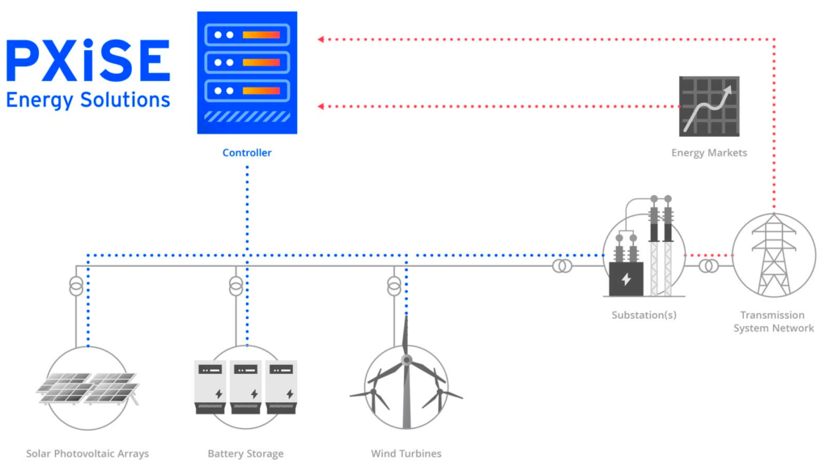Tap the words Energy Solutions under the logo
tap(87, 100)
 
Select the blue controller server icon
tap(247, 72)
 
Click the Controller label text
tap(247, 152)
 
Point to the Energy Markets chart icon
tap(709, 106)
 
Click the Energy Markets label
tap(709, 152)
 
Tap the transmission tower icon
tap(773, 254)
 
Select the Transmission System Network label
tap(773, 321)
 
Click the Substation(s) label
tap(644, 315)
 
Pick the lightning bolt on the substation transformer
tap(626, 279)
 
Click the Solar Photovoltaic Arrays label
tap(87, 453)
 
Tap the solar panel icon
tap(87, 388)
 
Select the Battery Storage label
tap(246, 453)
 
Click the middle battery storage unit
tap(247, 387)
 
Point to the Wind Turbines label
tap(406, 453)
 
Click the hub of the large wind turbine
tap(406, 359)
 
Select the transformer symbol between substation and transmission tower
tap(708, 265)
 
